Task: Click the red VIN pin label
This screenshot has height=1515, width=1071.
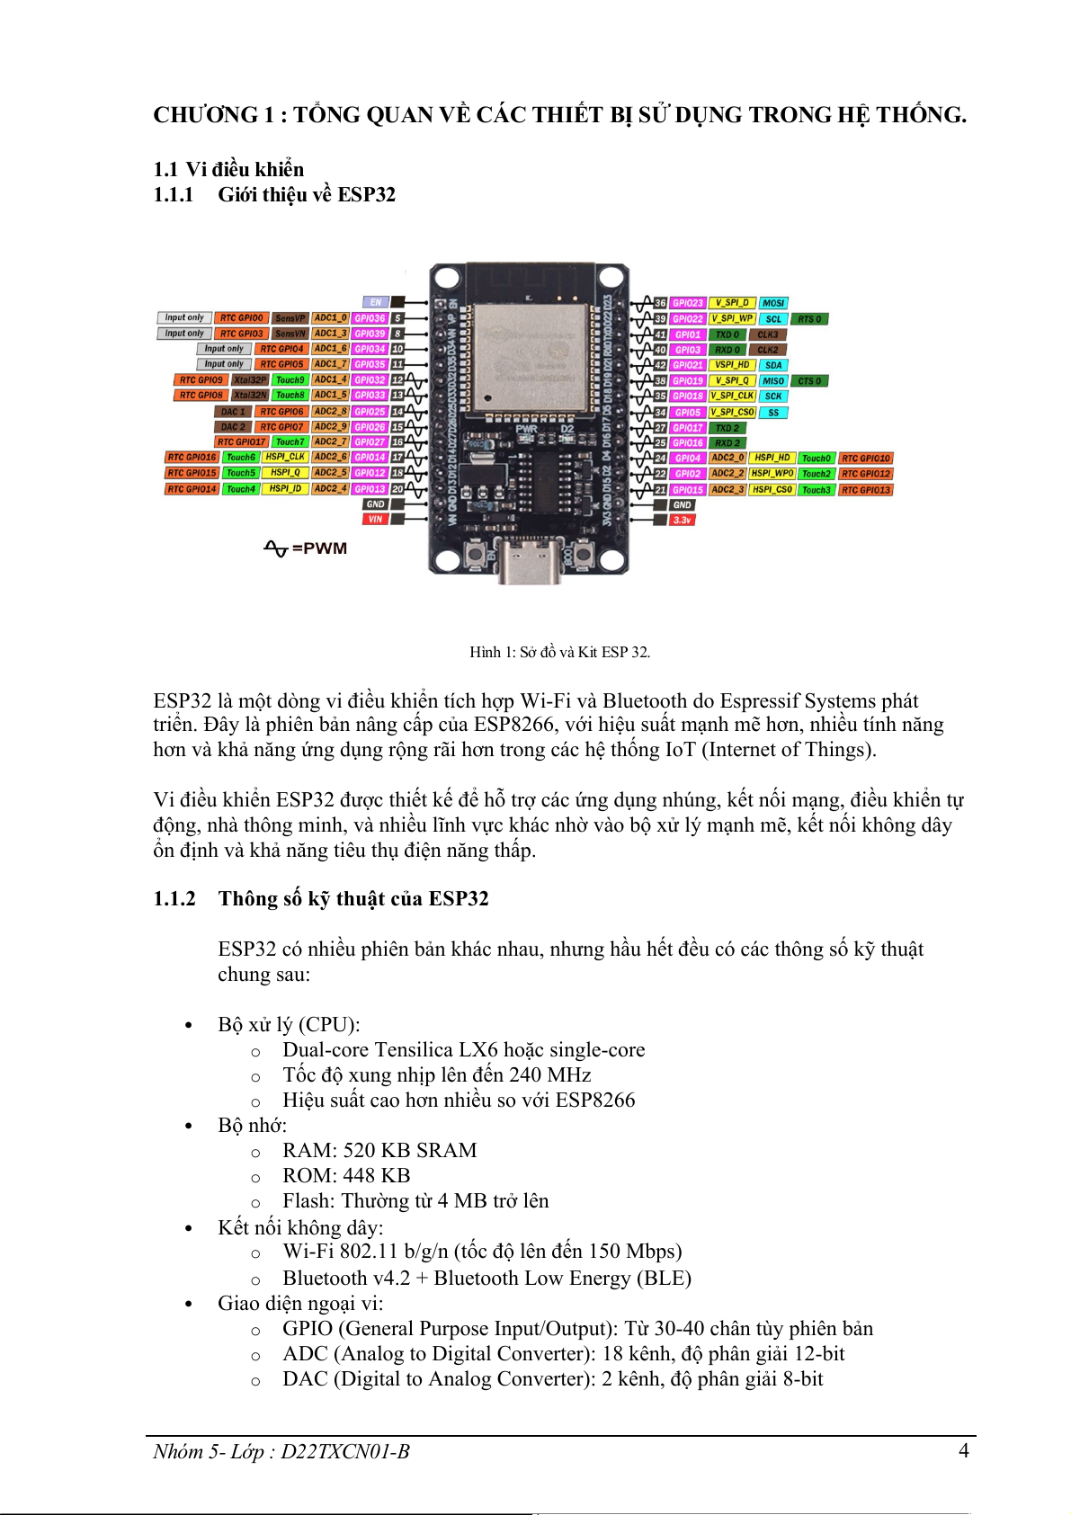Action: (x=375, y=520)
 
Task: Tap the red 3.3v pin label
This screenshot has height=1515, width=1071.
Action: (x=683, y=521)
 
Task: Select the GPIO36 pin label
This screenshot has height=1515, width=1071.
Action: (x=370, y=318)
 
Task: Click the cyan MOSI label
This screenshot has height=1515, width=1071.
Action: (x=773, y=303)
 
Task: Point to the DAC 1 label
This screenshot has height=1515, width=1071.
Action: (x=232, y=412)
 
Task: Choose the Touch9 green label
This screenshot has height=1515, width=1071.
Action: (x=290, y=380)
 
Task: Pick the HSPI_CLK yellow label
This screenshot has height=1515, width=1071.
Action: (x=285, y=458)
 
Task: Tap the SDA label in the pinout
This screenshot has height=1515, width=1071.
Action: (x=773, y=365)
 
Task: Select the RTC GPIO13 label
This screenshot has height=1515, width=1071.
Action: (x=865, y=490)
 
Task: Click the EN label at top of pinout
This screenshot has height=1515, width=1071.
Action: (x=376, y=302)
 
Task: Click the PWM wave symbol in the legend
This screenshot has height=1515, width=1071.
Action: (x=275, y=548)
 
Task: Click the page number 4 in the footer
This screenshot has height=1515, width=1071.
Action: (x=964, y=1450)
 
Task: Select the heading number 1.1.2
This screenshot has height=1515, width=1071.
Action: (x=174, y=899)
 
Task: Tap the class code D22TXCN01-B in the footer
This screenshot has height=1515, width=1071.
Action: (x=345, y=1451)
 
